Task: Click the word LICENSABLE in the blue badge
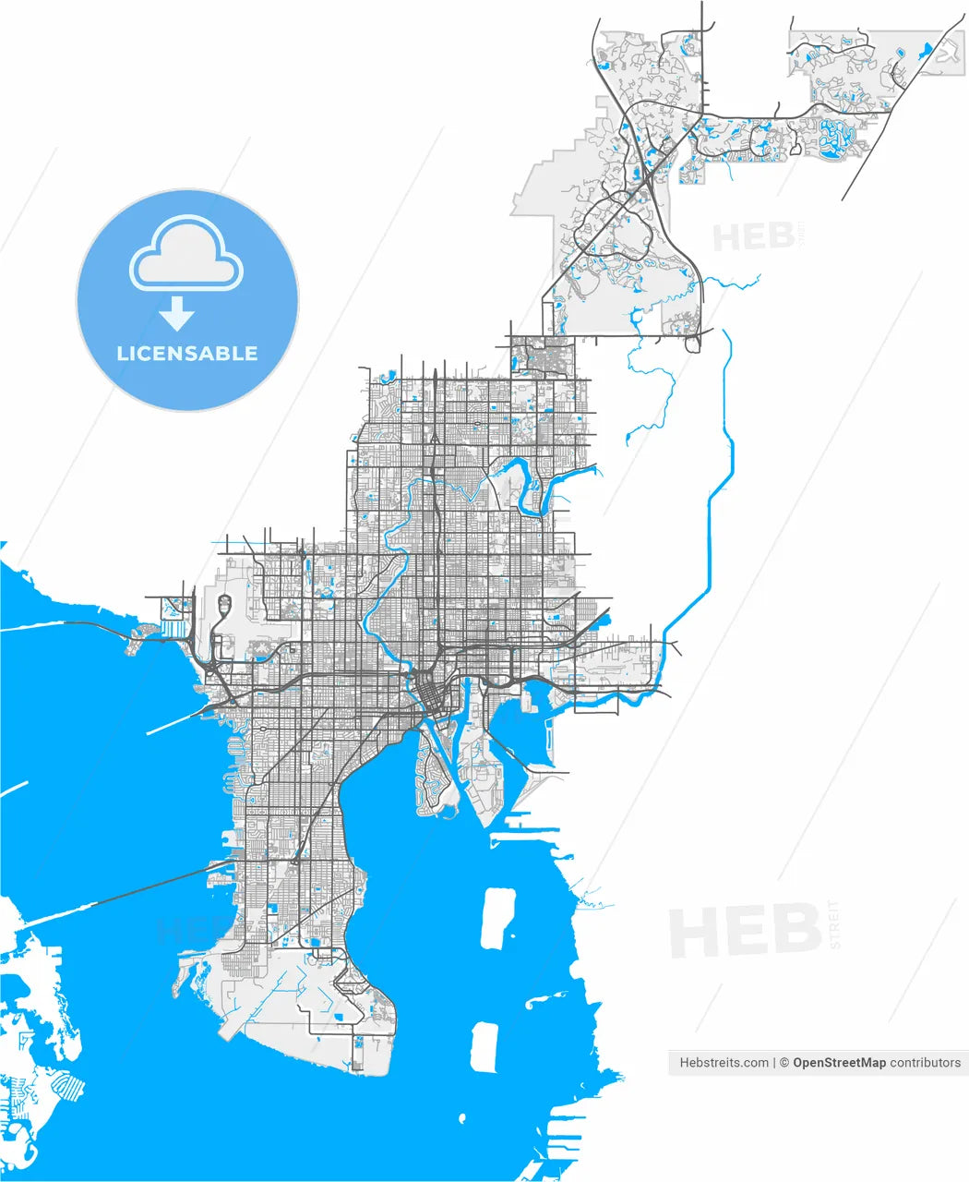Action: coord(187,354)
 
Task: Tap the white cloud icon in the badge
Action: coord(186,253)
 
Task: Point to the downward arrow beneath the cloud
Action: coord(176,317)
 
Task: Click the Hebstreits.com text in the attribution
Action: coord(724,1063)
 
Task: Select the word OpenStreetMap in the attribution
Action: coord(839,1063)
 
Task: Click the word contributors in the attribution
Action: coord(925,1063)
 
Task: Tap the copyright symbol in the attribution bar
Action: coord(784,1063)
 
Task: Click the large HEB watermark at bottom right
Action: coord(744,931)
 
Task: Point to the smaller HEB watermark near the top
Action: coord(753,237)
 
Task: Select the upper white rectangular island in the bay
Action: coord(497,917)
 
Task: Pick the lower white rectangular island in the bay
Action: coord(484,1046)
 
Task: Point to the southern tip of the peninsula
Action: coord(360,1067)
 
